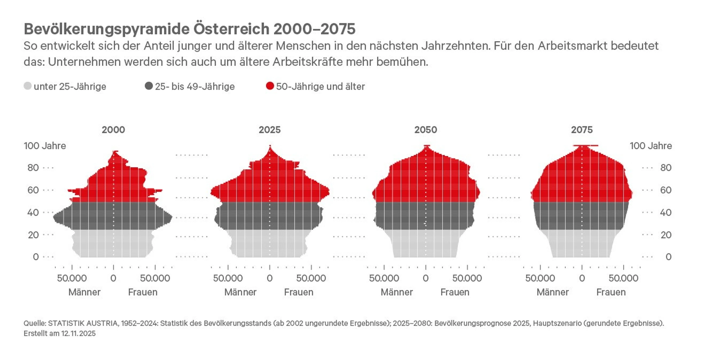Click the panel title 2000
[x=113, y=130]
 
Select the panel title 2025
[x=269, y=130]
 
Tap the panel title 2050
[x=425, y=130]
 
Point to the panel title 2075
[x=581, y=130]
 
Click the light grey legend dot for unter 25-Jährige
[x=27, y=86]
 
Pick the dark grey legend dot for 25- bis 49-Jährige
[x=149, y=86]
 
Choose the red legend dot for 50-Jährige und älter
[x=270, y=86]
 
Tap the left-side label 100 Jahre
[x=45, y=146]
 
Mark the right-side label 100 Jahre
[x=651, y=146]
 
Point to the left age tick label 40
[x=33, y=213]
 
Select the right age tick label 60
[x=666, y=190]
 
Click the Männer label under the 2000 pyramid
[x=84, y=292]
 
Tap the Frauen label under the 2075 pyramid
[x=611, y=292]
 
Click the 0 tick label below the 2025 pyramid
[x=270, y=278]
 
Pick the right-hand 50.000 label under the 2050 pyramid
[x=467, y=278]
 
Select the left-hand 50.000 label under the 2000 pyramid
[x=72, y=278]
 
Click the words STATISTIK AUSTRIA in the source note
[x=83, y=323]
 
